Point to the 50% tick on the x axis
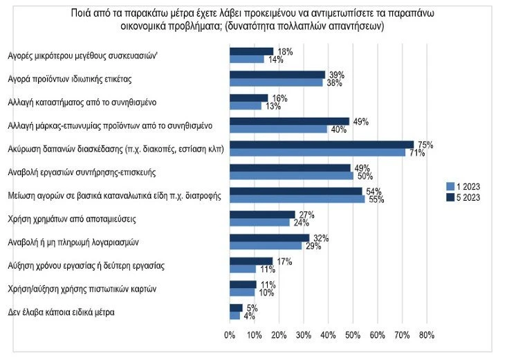coord(352,336)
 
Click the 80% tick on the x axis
coord(426,336)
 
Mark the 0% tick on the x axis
coord(230,336)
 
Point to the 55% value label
coord(376,200)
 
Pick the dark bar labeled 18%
coord(251,51)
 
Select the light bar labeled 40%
coord(278,129)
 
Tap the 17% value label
coord(284,262)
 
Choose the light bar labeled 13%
coord(245,105)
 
